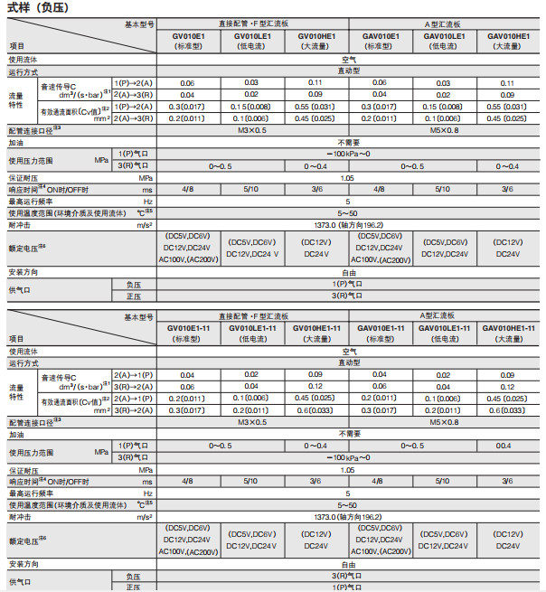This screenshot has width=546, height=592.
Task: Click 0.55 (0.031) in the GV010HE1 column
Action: (315, 107)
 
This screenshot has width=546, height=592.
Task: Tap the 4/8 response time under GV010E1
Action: (187, 189)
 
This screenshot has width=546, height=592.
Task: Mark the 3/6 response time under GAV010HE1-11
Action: (508, 481)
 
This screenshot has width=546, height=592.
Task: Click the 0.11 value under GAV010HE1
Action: (508, 82)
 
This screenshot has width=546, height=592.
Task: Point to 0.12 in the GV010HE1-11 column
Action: (315, 386)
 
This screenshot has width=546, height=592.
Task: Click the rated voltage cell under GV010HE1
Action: (315, 248)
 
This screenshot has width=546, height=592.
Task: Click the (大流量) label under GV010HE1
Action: (315, 45)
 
